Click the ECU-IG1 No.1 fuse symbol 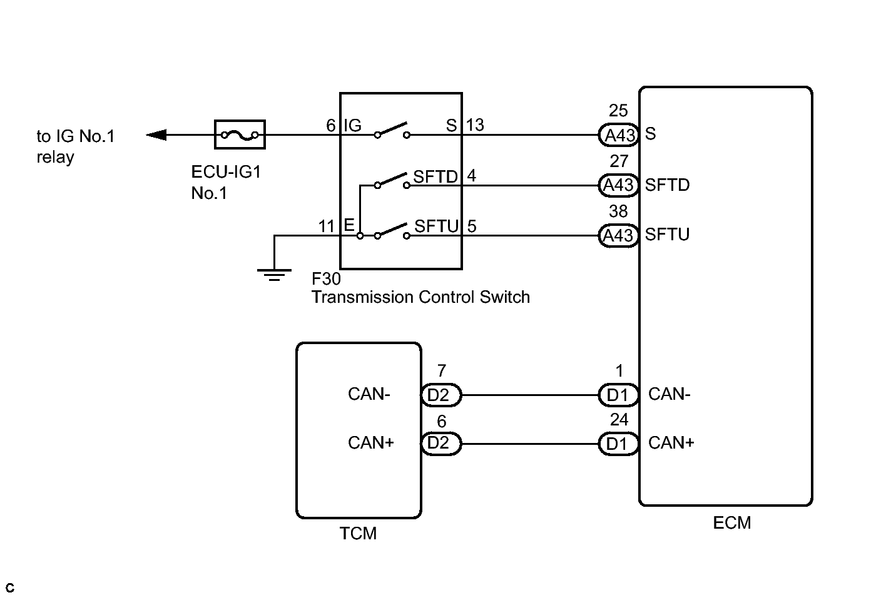tap(240, 135)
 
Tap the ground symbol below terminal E tap(275, 275)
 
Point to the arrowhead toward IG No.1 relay tap(156, 135)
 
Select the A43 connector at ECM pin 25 tap(619, 135)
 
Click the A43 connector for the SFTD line tap(619, 185)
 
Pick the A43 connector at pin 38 tap(619, 236)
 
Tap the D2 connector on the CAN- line tap(441, 395)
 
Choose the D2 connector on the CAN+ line tap(441, 444)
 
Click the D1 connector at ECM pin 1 tap(619, 395)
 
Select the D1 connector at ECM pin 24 tap(619, 444)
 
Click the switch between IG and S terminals tap(392, 131)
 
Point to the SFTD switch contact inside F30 tap(392, 181)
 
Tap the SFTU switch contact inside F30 tap(392, 231)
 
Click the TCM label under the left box tap(358, 534)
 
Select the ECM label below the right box tap(732, 523)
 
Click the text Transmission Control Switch tap(421, 297)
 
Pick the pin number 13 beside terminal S tap(474, 125)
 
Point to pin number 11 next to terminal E tap(327, 226)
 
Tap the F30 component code tap(326, 278)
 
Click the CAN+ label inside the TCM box tap(370, 442)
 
